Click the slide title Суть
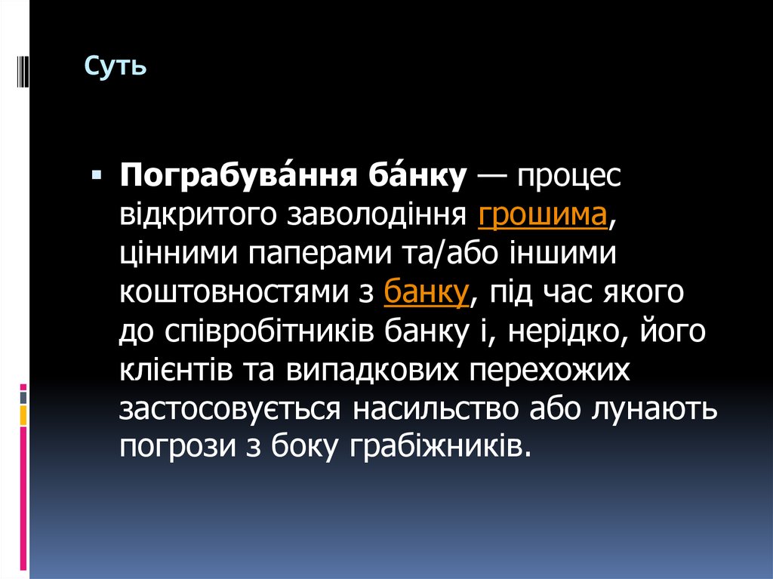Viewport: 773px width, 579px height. pyautogui.click(x=115, y=66)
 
